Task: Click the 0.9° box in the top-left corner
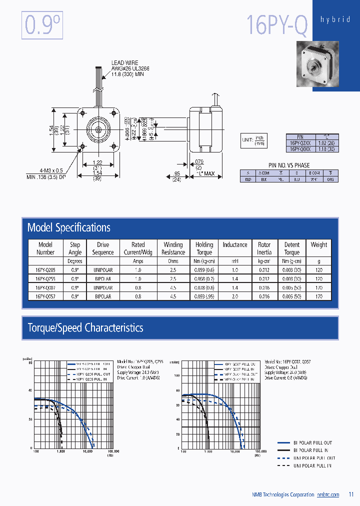[42, 25]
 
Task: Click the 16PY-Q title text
[277, 24]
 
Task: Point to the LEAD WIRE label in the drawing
[124, 63]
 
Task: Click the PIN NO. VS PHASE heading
[289, 165]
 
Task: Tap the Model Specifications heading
[69, 228]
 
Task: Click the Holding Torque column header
[204, 248]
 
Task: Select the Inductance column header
[235, 245]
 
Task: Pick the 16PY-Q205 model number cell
[45, 269]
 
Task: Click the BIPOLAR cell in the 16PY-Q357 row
[102, 296]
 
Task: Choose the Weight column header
[319, 245]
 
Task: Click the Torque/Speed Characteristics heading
[85, 328]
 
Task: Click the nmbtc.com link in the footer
[328, 495]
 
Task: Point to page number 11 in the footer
[350, 495]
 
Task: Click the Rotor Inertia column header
[264, 248]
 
